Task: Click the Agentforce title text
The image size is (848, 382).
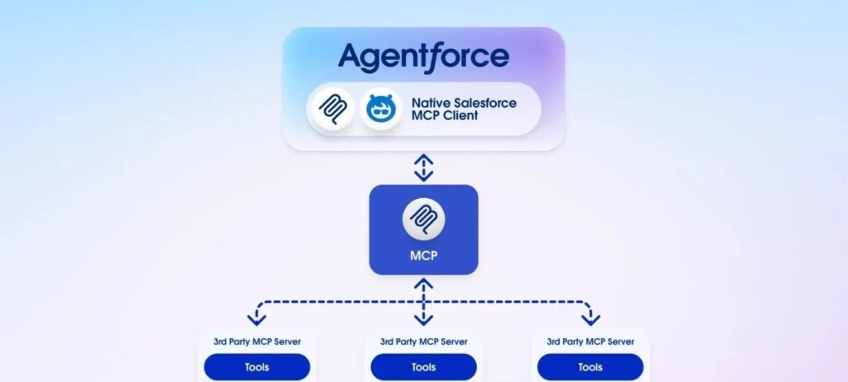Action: tap(423, 56)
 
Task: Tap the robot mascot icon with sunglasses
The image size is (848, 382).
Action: tap(381, 109)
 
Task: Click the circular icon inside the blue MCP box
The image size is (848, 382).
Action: tap(423, 220)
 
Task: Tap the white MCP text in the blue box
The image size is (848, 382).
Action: tap(423, 256)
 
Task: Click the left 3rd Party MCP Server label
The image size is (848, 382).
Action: tap(257, 341)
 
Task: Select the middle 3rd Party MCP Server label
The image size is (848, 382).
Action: tap(423, 341)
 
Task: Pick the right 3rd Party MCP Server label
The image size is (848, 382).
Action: tap(590, 341)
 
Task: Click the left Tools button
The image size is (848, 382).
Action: tap(257, 366)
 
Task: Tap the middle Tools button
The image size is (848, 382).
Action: tap(423, 366)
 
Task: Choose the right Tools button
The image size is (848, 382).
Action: tap(590, 366)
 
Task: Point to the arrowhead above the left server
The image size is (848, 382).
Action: tap(257, 318)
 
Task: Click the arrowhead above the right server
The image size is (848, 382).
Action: tap(590, 318)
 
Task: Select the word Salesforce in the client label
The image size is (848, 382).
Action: tap(485, 102)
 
